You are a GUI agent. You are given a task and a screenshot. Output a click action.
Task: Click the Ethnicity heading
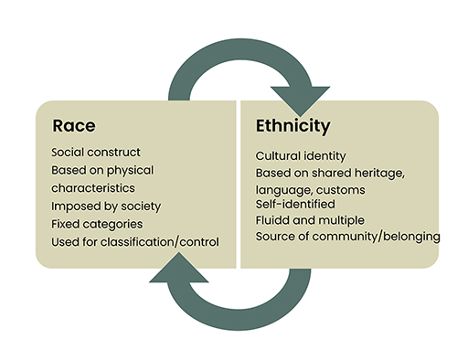[x=292, y=125]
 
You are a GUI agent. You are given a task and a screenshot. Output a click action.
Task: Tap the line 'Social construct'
[x=96, y=152]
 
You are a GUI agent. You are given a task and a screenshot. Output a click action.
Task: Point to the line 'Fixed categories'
[x=97, y=223]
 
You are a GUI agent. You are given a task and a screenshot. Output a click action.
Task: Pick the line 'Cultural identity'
[x=301, y=156]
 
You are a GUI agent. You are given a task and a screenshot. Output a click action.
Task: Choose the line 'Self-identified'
[x=294, y=204]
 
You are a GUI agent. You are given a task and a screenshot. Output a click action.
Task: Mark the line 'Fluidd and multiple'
[x=310, y=220]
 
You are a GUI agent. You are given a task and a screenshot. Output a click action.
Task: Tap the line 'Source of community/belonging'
[x=347, y=237]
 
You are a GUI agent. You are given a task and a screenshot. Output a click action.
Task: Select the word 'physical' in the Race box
[x=133, y=170]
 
